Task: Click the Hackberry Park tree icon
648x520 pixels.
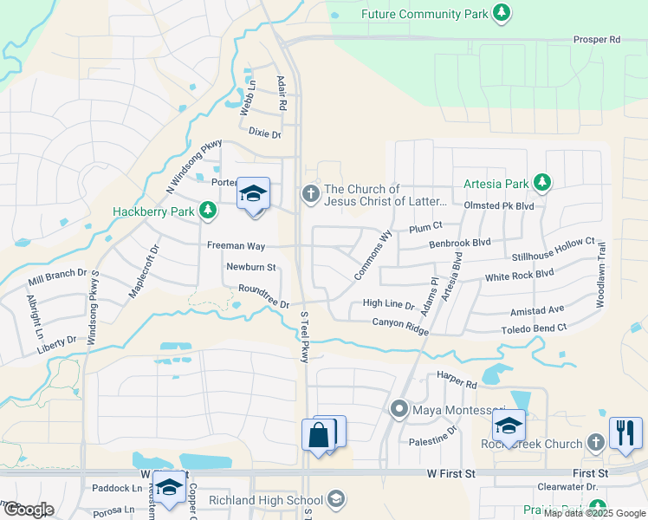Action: click(207, 210)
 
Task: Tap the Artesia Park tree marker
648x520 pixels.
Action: click(542, 182)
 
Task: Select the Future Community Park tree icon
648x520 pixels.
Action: click(501, 13)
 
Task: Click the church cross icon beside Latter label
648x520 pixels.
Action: click(310, 195)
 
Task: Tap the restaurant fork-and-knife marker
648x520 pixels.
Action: click(625, 432)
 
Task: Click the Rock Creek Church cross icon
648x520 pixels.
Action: click(594, 444)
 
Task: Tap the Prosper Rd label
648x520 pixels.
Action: click(597, 40)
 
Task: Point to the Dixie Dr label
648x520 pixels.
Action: click(264, 133)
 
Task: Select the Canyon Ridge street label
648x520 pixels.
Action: click(400, 322)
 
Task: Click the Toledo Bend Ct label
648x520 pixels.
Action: click(534, 329)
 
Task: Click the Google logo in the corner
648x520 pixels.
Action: click(28, 510)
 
